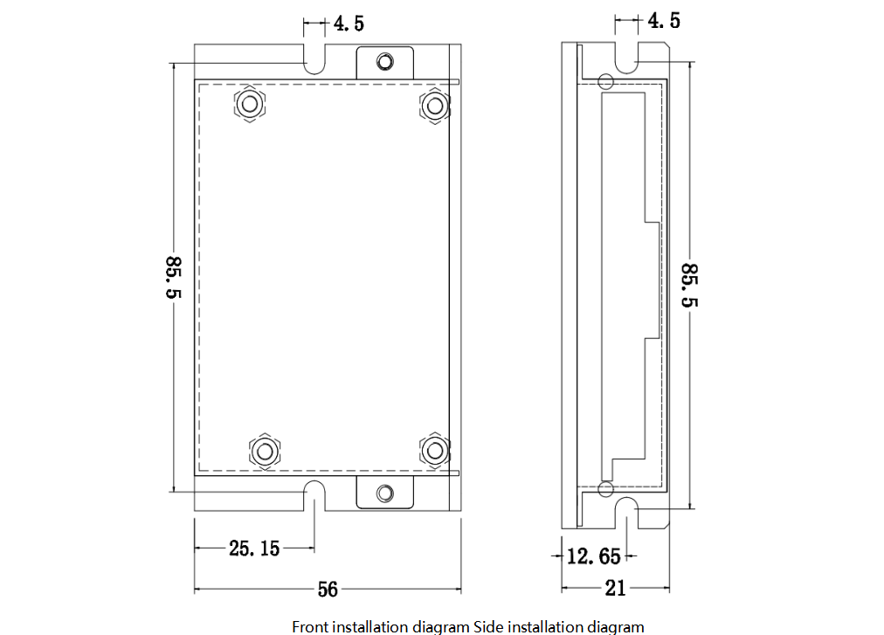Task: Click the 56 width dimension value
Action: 328,590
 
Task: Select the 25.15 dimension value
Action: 254,549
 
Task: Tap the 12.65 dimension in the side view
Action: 593,556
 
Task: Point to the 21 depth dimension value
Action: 615,588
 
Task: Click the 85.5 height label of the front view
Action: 173,278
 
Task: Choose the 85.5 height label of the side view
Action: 689,286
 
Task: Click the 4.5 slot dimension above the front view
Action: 349,24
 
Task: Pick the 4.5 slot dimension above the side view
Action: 664,21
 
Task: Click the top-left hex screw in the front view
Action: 250,104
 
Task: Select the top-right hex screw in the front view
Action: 435,106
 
